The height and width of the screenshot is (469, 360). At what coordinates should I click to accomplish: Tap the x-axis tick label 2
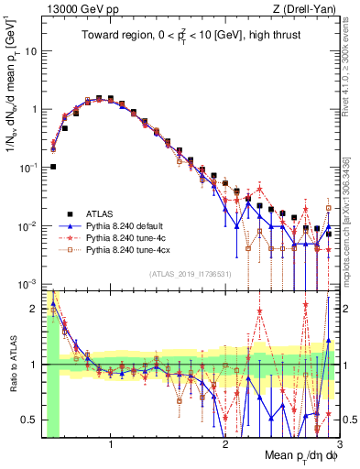pyautogui.click(x=225, y=445)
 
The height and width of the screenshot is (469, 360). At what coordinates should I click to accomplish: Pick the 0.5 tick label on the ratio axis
pyautogui.click(x=29, y=420)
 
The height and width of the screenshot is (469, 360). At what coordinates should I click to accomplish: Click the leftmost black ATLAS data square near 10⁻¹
pyautogui.click(x=53, y=167)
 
